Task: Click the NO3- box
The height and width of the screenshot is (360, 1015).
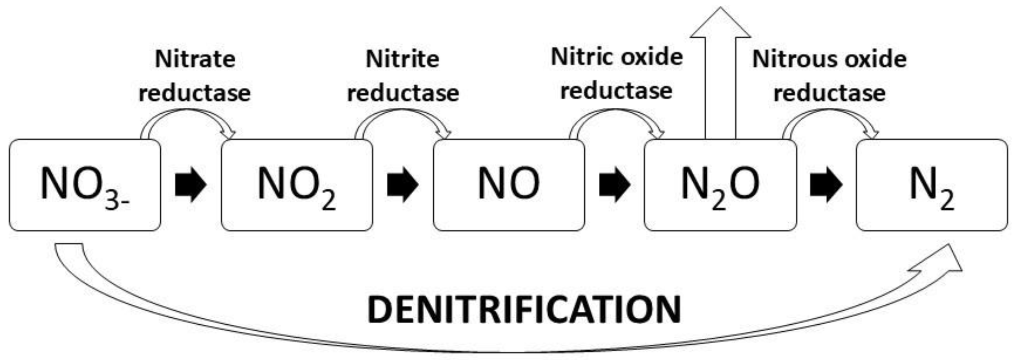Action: [85, 185]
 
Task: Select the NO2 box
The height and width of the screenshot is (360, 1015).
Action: [297, 185]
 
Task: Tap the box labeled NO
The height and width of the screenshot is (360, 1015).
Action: [509, 185]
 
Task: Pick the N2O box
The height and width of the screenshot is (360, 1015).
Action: [720, 185]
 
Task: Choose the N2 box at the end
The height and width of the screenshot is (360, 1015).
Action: [931, 185]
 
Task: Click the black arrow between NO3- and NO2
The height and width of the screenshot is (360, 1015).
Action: [191, 184]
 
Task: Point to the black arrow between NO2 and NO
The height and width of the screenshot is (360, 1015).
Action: [403, 184]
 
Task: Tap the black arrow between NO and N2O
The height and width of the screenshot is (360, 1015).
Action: [614, 184]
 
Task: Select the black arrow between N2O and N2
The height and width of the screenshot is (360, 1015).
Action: [826, 184]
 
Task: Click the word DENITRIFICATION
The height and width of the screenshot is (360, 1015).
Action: [524, 310]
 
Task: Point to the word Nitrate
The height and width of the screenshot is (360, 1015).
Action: [195, 59]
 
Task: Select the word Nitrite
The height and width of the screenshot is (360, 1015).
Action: [402, 59]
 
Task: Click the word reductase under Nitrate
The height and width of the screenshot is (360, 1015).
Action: [195, 93]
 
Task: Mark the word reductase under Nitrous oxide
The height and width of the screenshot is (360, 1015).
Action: [829, 93]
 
